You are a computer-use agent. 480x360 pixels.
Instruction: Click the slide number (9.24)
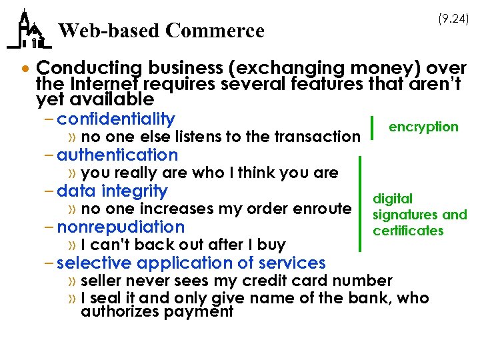[453, 20]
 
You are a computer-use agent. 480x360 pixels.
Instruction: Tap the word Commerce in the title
[215, 31]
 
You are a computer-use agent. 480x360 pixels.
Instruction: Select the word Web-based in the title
[109, 31]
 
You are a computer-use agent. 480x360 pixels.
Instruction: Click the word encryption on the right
[423, 127]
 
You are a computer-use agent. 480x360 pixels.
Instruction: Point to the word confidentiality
[116, 119]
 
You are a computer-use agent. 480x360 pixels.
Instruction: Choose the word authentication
[117, 155]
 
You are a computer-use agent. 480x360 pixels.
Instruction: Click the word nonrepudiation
[121, 227]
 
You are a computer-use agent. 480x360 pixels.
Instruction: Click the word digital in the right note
[393, 199]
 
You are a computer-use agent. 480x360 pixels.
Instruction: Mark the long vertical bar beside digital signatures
[360, 203]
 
